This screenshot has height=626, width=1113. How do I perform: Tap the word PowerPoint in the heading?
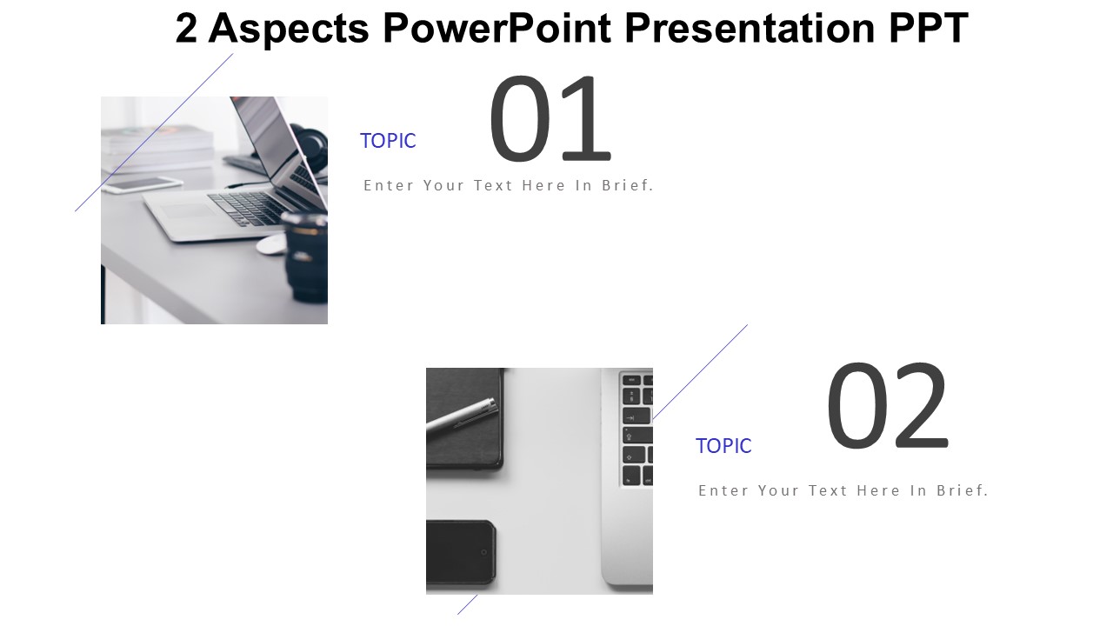click(x=497, y=29)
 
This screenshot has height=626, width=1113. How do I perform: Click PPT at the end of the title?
click(x=929, y=29)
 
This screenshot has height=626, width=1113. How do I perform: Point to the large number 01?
click(x=550, y=119)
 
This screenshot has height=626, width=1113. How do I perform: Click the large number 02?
click(x=888, y=405)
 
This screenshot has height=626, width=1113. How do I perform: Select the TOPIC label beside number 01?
click(x=388, y=141)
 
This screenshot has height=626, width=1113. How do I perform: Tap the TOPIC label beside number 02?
click(x=723, y=446)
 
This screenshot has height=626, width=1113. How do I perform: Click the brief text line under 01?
click(x=509, y=185)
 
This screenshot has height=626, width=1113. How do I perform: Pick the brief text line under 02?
click(x=843, y=490)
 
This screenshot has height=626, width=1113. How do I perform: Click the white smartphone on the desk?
click(x=142, y=185)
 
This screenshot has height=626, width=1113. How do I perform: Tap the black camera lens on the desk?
click(x=304, y=256)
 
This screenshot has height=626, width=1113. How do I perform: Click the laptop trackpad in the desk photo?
click(x=188, y=210)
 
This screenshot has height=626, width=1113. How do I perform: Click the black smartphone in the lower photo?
click(x=461, y=552)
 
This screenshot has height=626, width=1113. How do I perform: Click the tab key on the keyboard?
click(x=636, y=416)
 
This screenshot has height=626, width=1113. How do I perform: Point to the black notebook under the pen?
click(x=464, y=418)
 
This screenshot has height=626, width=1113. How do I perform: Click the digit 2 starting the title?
click(x=186, y=29)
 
